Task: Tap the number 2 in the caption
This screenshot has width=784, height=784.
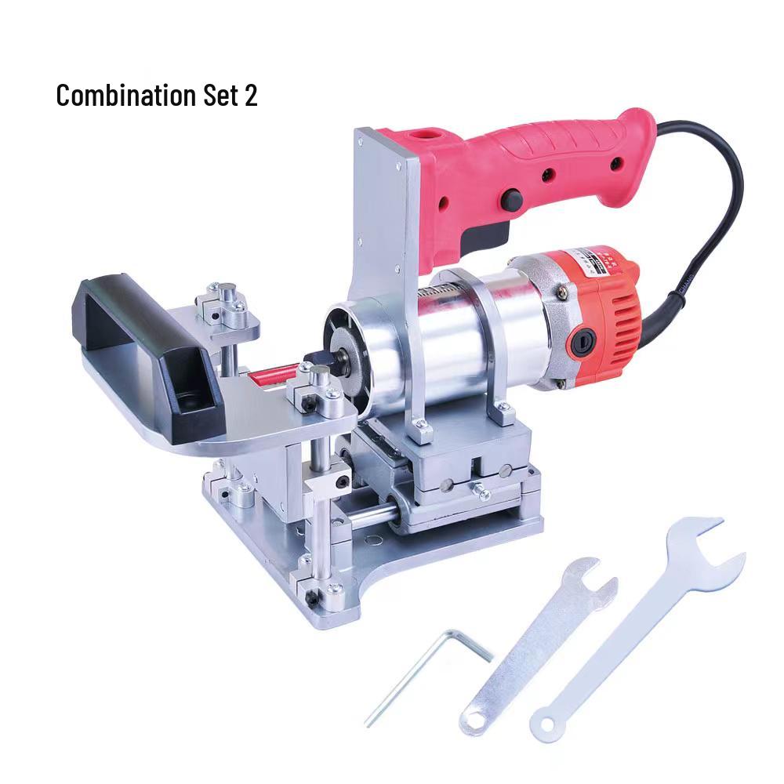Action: pyautogui.click(x=249, y=96)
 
